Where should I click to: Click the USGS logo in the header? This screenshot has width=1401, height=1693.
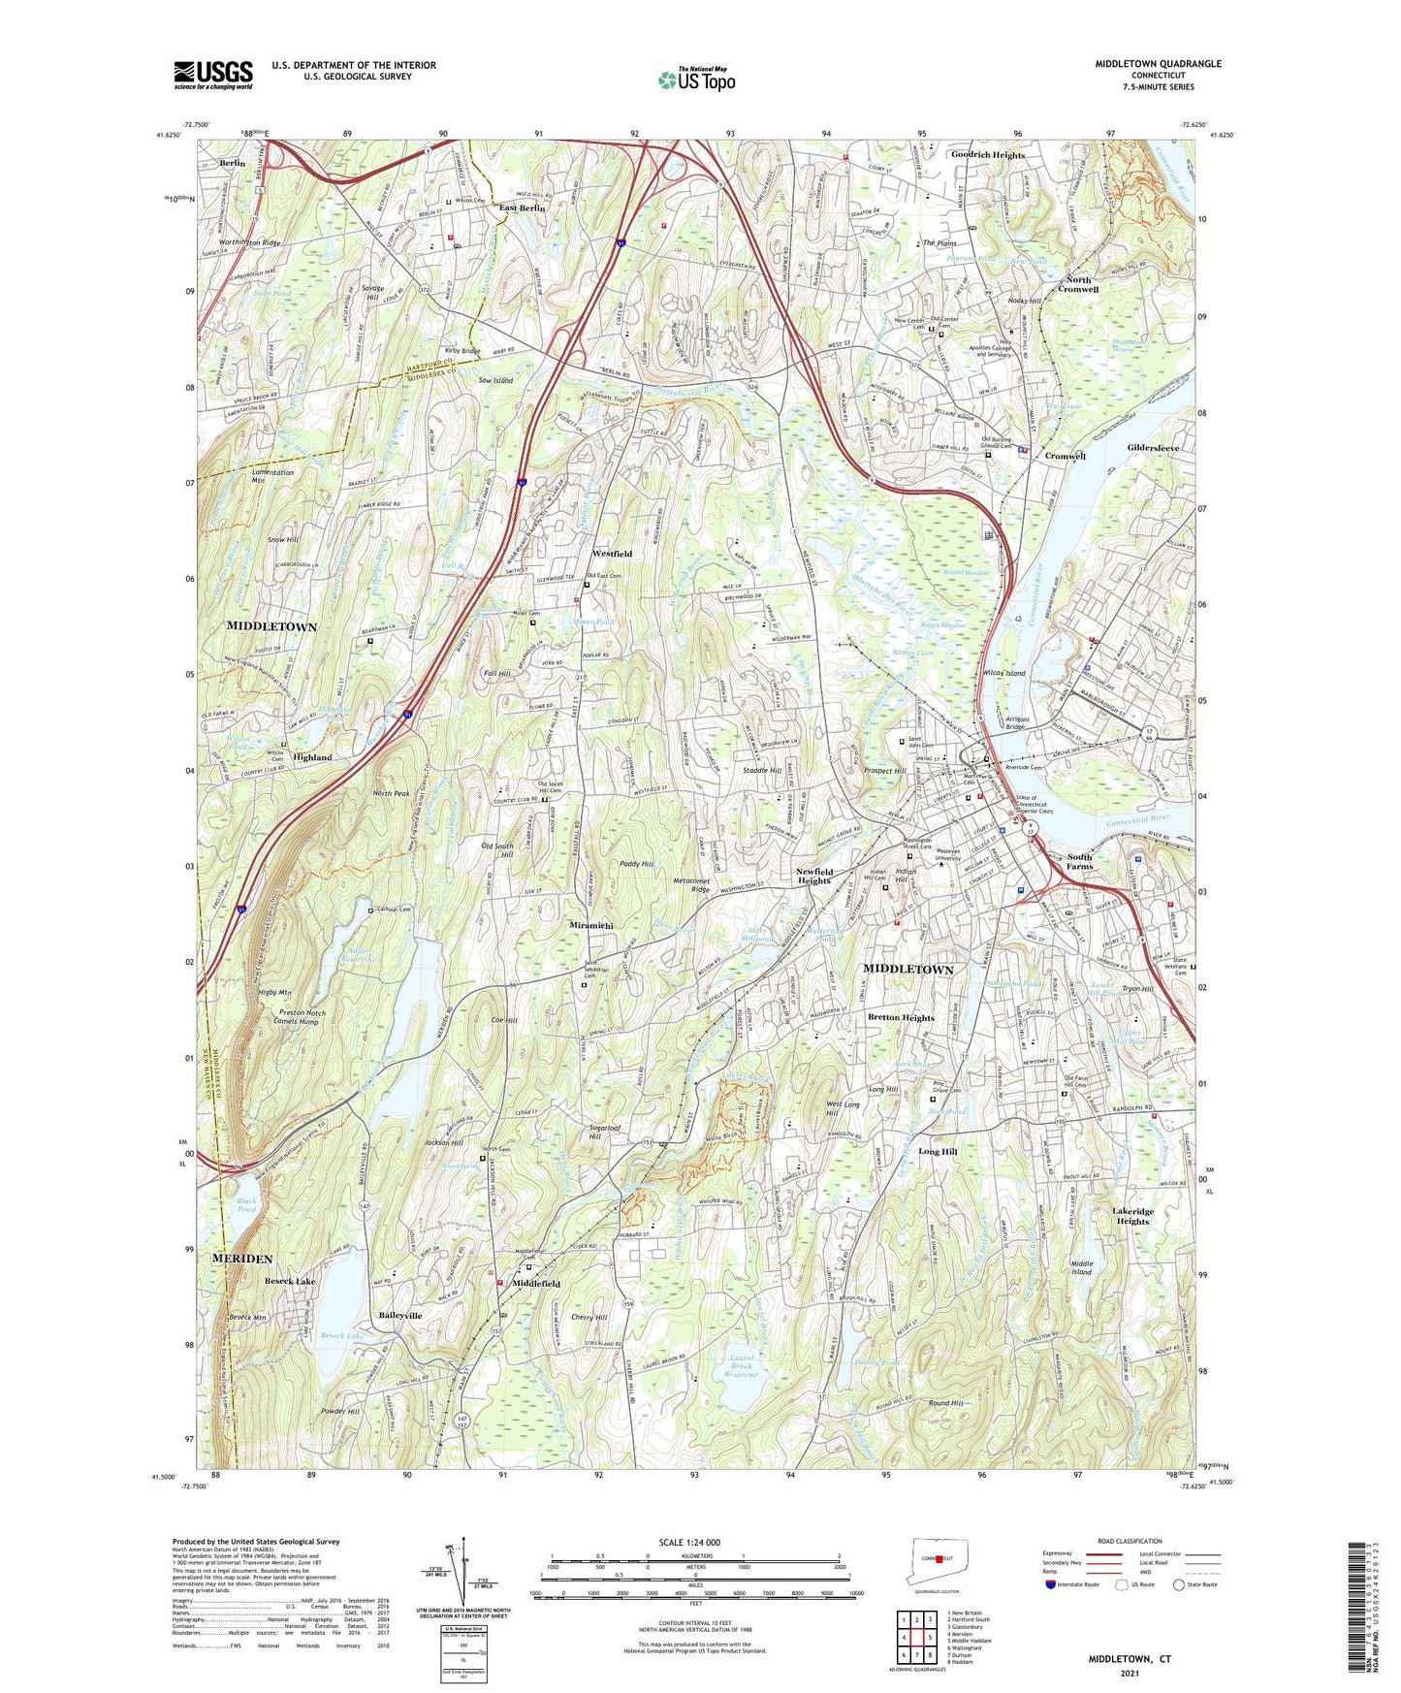[213, 74]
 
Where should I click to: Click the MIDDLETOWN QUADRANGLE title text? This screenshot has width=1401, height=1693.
[1158, 64]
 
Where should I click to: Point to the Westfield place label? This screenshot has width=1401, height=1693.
[612, 554]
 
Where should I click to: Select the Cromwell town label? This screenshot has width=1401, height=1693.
[1065, 456]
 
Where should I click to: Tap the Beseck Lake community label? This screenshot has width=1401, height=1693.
[290, 1281]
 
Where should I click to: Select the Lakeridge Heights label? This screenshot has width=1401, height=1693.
[1131, 1216]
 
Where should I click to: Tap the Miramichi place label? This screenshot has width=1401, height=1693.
[590, 925]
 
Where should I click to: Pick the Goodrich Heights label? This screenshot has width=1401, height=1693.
[987, 155]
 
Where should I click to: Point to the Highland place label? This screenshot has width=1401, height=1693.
[312, 757]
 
